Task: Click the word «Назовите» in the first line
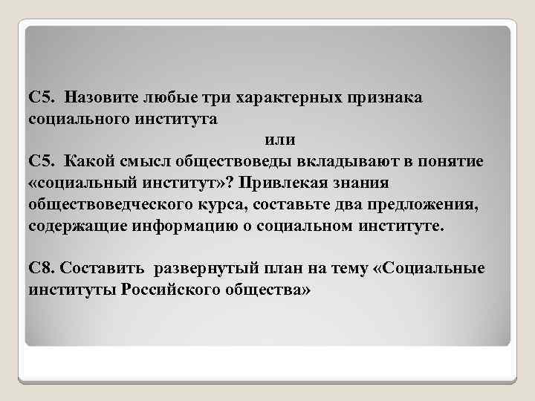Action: [x=100, y=98]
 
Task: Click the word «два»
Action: [x=319, y=203]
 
